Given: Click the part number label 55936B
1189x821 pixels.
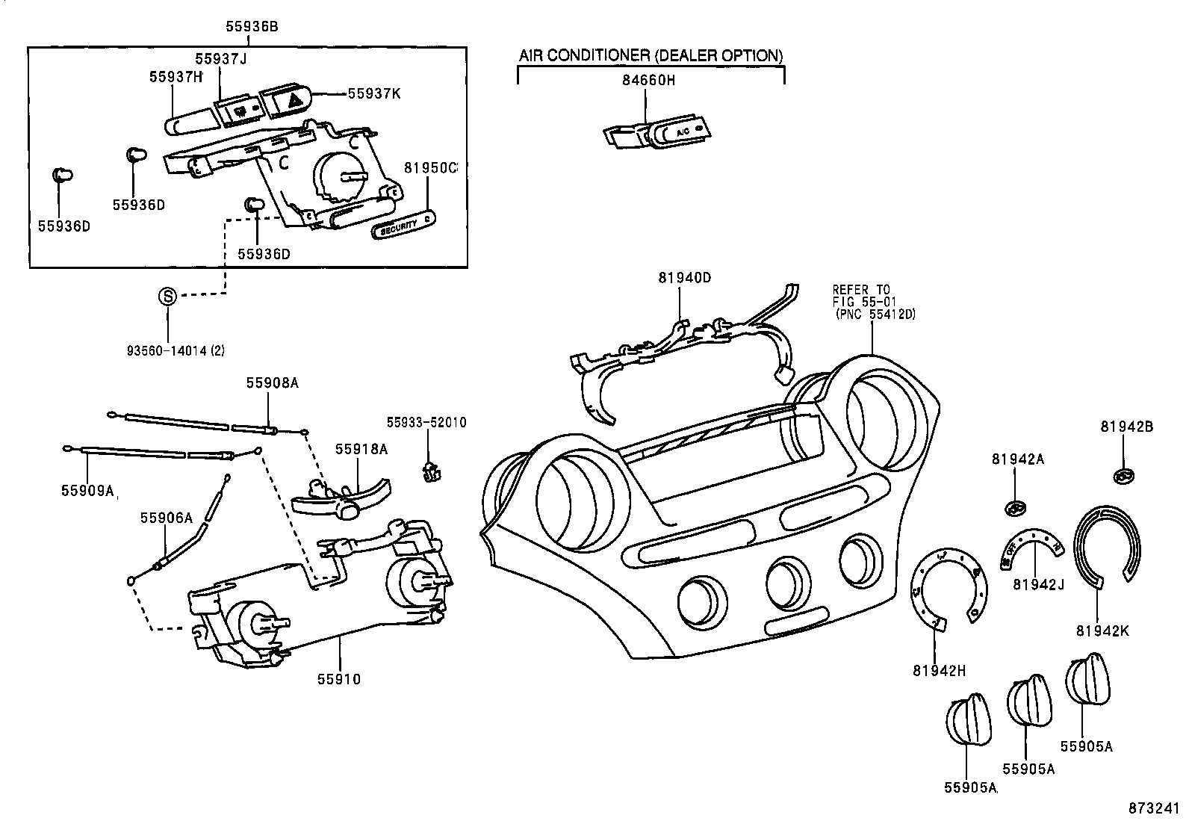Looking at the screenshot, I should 252,26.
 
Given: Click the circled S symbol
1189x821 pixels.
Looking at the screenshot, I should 168,296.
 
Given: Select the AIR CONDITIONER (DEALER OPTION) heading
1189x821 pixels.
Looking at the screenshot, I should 651,55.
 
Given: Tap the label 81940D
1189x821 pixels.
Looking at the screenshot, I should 684,278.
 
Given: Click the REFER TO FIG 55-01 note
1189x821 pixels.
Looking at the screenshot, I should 873,302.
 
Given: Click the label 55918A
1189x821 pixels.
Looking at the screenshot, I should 361,449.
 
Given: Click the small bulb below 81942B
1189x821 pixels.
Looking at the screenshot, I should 1124,476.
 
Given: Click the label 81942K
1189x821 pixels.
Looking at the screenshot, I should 1102,631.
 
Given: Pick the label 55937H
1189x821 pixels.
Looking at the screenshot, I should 176,76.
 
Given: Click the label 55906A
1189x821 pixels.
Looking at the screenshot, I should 167,517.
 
